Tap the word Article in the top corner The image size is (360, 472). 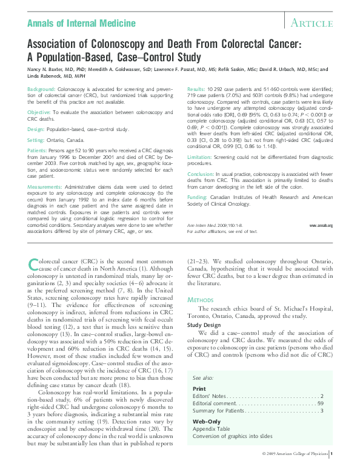coord(312,24)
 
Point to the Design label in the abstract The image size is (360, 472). coord(36,129)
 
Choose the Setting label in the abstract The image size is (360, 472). coord(37,140)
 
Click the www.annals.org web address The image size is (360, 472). coord(321,225)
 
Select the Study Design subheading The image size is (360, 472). coord(204,325)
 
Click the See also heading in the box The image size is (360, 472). coord(206,376)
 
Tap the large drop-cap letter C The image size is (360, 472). coord(35,265)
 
